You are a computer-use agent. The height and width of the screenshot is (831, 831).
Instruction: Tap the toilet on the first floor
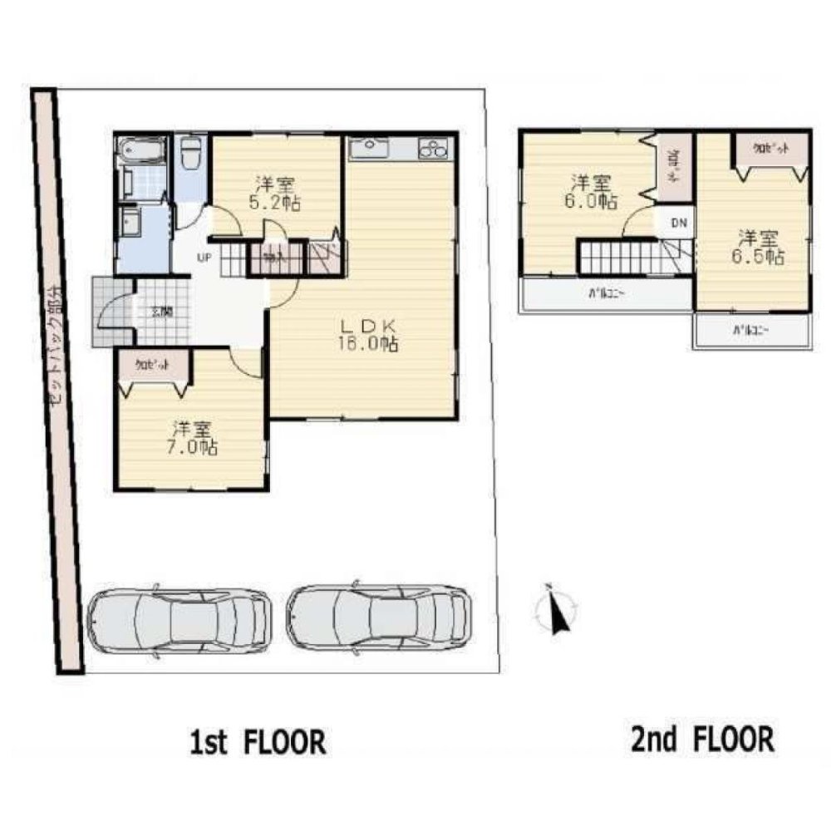[x=190, y=155]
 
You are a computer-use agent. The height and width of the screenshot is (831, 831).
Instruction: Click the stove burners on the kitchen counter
[x=433, y=150]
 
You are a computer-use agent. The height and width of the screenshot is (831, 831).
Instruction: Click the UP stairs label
[x=203, y=257]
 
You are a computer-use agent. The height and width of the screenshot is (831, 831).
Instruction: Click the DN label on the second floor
[x=678, y=222]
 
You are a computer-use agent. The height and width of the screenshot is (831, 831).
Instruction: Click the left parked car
[x=179, y=619]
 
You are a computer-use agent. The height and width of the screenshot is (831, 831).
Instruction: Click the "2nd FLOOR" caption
[x=702, y=738]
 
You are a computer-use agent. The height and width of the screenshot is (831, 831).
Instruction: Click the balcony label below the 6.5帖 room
[x=750, y=330]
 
